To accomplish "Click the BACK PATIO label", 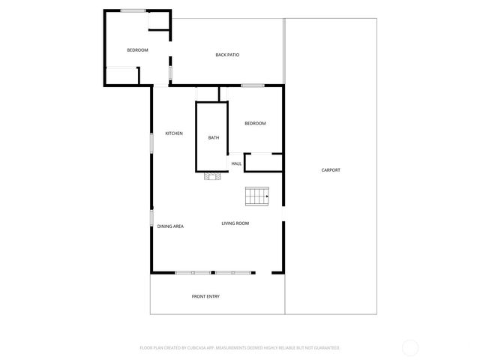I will click(x=227, y=55).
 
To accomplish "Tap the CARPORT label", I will click(x=331, y=170).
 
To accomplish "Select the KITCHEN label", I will click(x=174, y=133).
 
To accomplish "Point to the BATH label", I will click(x=214, y=137).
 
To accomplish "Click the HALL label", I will click(x=236, y=163).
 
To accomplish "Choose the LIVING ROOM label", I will click(x=235, y=223).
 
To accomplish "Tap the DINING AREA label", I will click(x=170, y=226).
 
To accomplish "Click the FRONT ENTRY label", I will click(x=205, y=296).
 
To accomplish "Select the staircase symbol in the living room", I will click(x=256, y=196).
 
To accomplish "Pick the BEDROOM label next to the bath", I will click(x=255, y=123).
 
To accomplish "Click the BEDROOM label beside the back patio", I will click(x=137, y=50).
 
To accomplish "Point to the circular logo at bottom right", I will click(x=410, y=348).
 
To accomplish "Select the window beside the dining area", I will click(x=151, y=218).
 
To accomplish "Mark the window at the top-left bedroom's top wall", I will click(x=133, y=10).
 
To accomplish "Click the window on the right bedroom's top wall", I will click(x=253, y=85).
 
